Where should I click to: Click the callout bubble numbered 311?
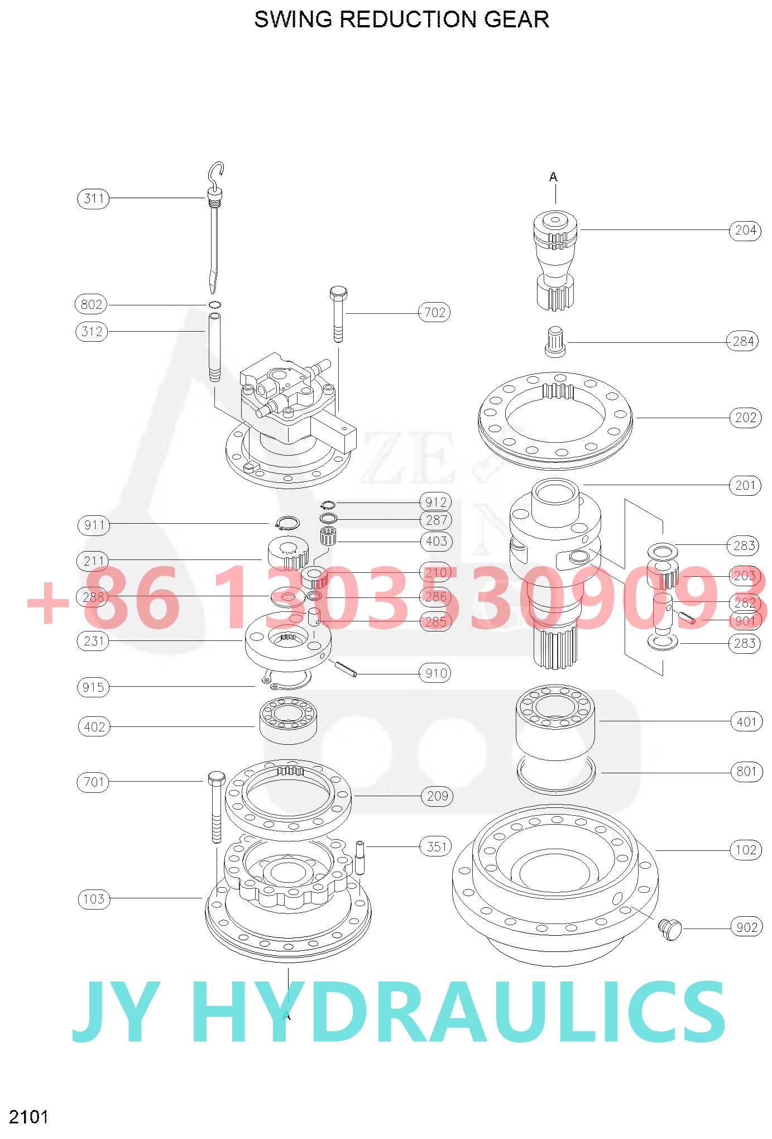click(93, 198)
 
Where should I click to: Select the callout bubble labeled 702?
click(434, 312)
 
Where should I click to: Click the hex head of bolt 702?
click(338, 293)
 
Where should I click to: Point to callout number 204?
click(745, 230)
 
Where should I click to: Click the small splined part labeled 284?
click(555, 341)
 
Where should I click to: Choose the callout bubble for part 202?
click(745, 418)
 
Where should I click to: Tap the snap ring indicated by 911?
click(287, 523)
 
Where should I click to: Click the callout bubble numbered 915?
click(93, 687)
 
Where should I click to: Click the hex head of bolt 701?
click(216, 777)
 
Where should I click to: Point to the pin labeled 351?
click(359, 857)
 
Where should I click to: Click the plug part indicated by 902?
click(670, 929)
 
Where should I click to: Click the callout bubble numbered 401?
click(746, 722)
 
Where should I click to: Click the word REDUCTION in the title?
click(410, 20)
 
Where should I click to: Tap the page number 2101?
click(28, 1117)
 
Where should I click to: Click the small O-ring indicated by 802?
click(214, 304)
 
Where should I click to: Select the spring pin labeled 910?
click(346, 669)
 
